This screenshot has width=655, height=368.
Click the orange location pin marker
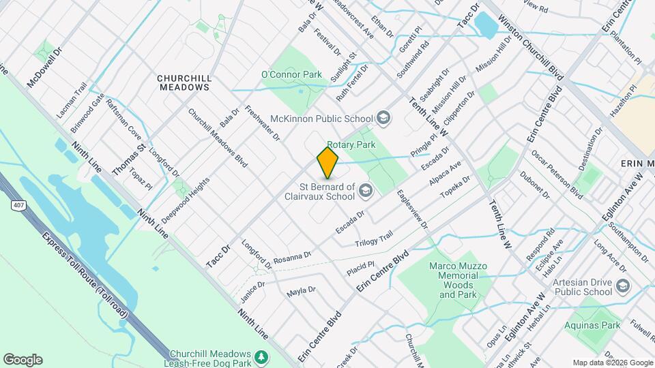coord(327,163)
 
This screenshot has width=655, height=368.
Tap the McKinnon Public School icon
coord(383,119)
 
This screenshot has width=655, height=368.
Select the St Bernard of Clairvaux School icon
coord(365,191)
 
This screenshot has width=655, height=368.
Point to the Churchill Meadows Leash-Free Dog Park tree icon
coord(260,358)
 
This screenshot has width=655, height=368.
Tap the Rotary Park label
coord(351,145)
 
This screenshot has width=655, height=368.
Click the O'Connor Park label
coord(291,74)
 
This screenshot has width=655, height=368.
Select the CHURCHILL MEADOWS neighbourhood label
coord(184,82)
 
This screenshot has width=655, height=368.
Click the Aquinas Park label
coord(592,325)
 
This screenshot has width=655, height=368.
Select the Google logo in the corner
coord(23,360)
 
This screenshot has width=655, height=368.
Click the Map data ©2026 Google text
coord(612,363)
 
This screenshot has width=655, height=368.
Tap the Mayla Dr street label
coord(301,290)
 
